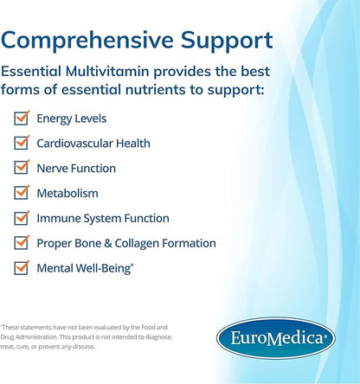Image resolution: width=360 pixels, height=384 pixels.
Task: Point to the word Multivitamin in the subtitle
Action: pos(134,74)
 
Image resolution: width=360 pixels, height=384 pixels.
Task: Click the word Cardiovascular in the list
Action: pos(77,144)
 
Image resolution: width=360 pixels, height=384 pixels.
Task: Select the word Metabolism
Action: pos(67,194)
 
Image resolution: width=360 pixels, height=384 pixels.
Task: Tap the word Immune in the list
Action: pos(57,219)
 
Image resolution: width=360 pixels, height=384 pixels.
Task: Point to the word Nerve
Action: pos(52,169)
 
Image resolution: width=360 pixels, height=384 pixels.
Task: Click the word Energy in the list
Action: pos(55,118)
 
